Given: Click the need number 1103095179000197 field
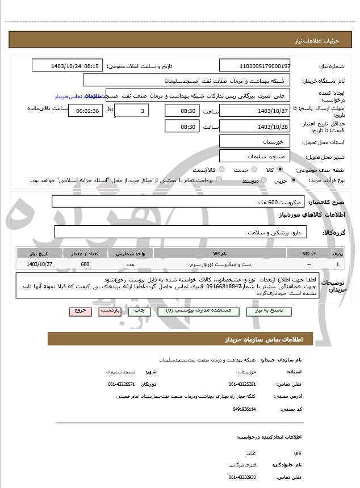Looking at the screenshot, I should [x=254, y=66].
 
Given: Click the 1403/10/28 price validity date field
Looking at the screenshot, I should [x=254, y=126].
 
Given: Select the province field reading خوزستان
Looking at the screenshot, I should [x=254, y=141].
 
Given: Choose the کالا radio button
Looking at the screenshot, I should [x=280, y=170].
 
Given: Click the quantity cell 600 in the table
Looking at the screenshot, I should [x=85, y=264].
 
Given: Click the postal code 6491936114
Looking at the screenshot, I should [x=245, y=409].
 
